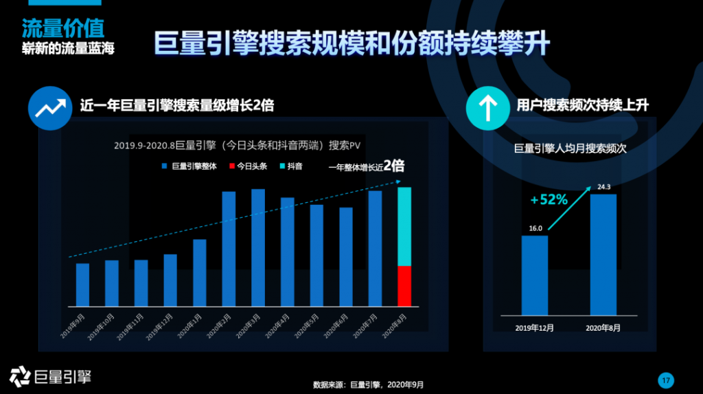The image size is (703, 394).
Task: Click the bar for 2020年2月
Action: coord(229,248)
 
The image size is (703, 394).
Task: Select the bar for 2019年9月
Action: coord(82,284)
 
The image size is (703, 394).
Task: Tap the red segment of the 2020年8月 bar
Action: coord(404,285)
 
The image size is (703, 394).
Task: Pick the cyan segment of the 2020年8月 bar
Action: coord(404,226)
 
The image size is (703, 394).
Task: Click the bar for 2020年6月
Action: coord(345,256)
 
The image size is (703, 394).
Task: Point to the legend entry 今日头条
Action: coord(248,166)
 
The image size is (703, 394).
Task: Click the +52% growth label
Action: coord(549,200)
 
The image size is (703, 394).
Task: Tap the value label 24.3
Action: coord(603,187)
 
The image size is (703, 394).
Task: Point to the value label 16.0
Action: coord(535,228)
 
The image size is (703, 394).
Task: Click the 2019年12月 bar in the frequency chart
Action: coord(535,275)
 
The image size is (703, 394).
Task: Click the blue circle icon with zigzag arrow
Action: coord(50,107)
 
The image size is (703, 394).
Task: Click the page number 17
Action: coord(665,380)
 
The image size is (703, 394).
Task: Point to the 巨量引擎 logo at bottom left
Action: coord(50,375)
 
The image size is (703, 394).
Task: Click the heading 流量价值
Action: coord(62,28)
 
